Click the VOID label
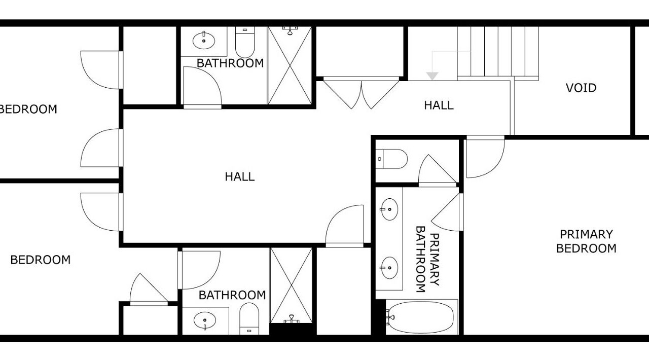(x=581, y=88)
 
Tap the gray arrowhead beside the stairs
(x=432, y=76)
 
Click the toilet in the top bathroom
(x=245, y=42)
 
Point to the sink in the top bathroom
(x=204, y=41)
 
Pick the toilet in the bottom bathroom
(x=249, y=319)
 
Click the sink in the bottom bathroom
(x=205, y=320)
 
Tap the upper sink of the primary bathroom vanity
(x=389, y=209)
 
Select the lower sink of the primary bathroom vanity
(x=389, y=268)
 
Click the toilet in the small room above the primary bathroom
(x=392, y=159)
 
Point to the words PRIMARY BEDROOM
(x=586, y=241)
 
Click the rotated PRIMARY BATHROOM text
(x=427, y=259)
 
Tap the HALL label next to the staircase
(x=439, y=105)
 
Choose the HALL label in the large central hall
(x=240, y=176)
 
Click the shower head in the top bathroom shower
(x=290, y=30)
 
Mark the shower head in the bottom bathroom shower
(x=292, y=319)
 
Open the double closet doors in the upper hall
(x=362, y=95)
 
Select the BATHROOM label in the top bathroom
(x=230, y=63)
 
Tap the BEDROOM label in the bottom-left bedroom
(x=40, y=260)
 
